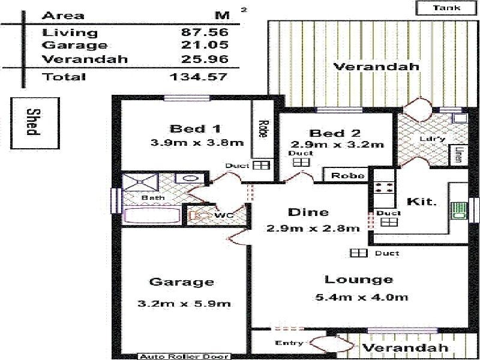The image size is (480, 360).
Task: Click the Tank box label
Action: (446, 7)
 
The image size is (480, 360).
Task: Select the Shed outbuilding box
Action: (35, 123)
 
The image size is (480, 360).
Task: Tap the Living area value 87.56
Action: (205, 32)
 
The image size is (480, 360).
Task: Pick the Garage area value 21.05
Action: (205, 45)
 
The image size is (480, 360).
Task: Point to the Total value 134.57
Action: (199, 77)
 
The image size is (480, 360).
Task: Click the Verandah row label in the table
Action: (85, 59)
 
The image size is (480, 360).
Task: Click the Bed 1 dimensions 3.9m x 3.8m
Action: (197, 143)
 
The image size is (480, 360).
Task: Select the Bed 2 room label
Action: (335, 133)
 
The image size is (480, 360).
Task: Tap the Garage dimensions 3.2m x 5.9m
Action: (184, 304)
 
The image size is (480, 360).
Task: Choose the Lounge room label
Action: (358, 280)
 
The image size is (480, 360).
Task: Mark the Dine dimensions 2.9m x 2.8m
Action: (313, 229)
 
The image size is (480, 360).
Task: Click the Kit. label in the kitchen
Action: (422, 202)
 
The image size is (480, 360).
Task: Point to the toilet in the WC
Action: (196, 215)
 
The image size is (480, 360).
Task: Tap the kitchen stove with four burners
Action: (384, 187)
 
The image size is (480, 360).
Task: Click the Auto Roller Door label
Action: (184, 356)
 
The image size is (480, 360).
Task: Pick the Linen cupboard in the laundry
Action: (458, 155)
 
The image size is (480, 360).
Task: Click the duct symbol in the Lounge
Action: (358, 253)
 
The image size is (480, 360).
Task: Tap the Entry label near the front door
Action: (289, 343)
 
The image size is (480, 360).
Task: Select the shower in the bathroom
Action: (140, 182)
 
